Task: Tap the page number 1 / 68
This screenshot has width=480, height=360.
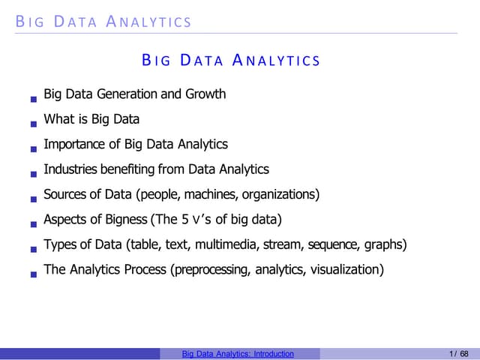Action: click(459, 354)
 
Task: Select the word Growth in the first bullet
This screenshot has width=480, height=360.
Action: click(206, 94)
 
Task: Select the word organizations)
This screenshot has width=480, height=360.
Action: click(281, 194)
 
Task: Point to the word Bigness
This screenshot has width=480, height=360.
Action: click(124, 220)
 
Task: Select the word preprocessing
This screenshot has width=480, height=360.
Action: click(211, 270)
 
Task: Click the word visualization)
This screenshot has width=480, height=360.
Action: click(346, 270)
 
